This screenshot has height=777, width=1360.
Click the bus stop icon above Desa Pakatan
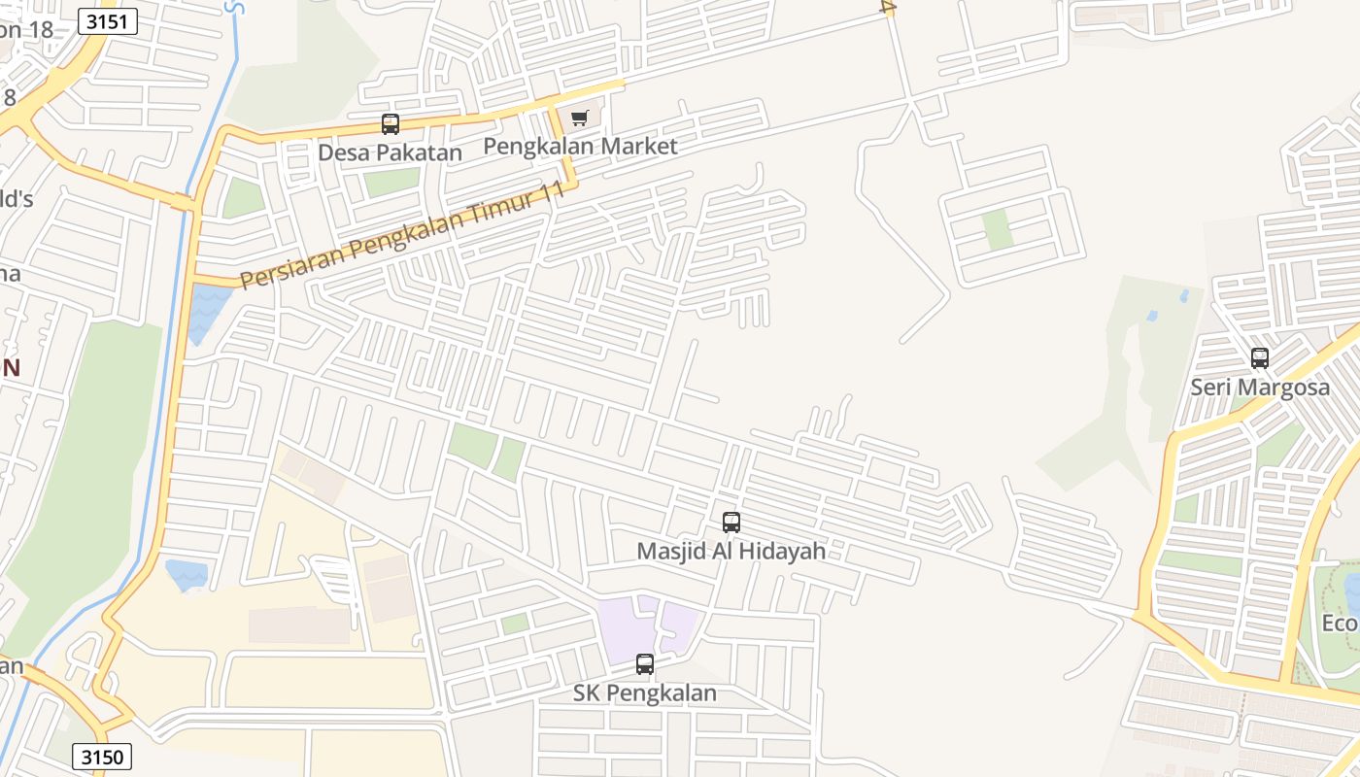coord(391,124)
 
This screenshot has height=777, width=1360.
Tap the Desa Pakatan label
coord(390,152)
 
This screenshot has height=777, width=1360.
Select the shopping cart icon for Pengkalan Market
coord(580,118)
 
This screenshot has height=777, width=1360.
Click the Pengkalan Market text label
coord(580,147)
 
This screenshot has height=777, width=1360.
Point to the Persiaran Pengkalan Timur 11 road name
coord(402,236)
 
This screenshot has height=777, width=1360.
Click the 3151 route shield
coord(108,21)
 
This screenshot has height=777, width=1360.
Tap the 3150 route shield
coord(102,757)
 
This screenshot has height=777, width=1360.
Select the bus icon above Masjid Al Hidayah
coord(731,523)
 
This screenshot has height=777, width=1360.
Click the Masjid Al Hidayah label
coord(731,551)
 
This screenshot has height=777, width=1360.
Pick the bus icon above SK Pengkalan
coord(645,664)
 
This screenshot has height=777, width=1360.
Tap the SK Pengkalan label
coord(644,693)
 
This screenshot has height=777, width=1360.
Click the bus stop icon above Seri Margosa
coord(1260,358)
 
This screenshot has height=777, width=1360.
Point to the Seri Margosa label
coord(1260,387)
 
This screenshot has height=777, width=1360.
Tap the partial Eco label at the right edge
coord(1340,623)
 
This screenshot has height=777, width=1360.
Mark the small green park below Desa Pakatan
coord(391,182)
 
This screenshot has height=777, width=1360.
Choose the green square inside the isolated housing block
coord(997,229)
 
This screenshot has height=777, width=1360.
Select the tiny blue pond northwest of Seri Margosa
coord(1152,316)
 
